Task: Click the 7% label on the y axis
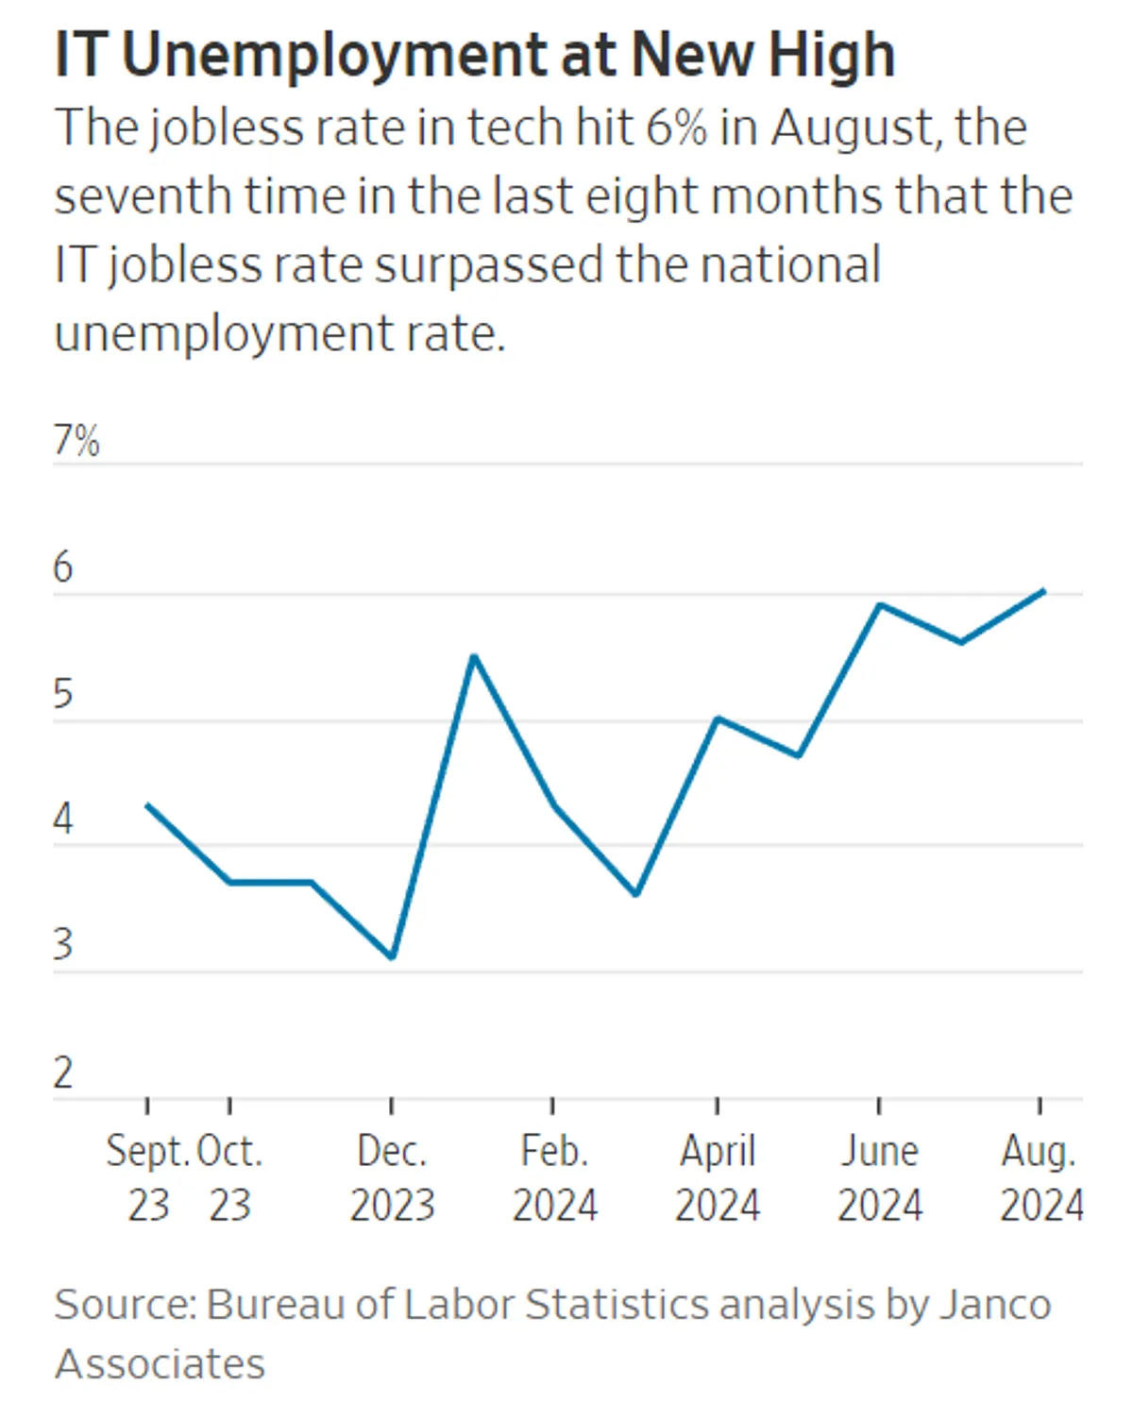(x=76, y=441)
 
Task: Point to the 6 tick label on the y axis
(x=62, y=567)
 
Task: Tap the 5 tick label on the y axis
(x=62, y=694)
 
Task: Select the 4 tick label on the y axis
(x=62, y=820)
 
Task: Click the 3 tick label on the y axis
(x=62, y=945)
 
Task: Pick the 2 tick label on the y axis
(x=62, y=1073)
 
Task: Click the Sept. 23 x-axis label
(x=148, y=1177)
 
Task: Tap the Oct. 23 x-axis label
(x=229, y=1177)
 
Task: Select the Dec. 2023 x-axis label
(x=392, y=1177)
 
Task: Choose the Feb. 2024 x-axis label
(x=554, y=1177)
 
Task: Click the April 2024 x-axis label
(x=717, y=1177)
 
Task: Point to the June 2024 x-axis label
(x=879, y=1177)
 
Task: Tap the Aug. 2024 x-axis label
(x=1040, y=1177)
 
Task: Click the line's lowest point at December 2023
(x=392, y=957)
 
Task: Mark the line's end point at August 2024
(x=1042, y=591)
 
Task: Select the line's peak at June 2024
(x=879, y=604)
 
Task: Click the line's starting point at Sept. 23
(x=148, y=805)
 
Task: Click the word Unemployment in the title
(x=335, y=55)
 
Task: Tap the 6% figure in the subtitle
(x=676, y=127)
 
